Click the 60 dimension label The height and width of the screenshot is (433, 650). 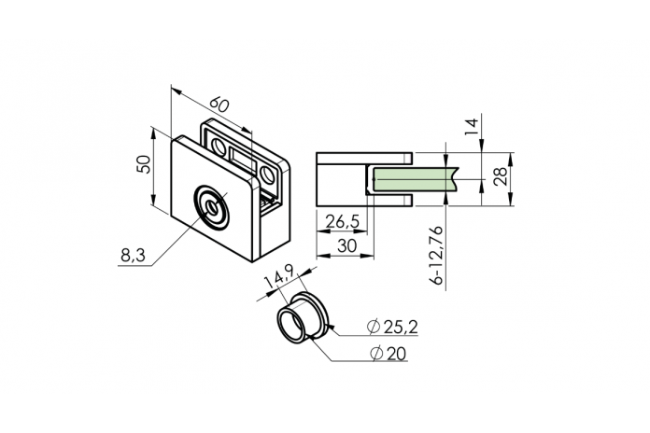[x=219, y=105]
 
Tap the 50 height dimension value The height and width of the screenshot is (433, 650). [x=143, y=164]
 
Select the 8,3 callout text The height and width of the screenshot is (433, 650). [x=133, y=256]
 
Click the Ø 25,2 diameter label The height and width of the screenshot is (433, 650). [x=392, y=327]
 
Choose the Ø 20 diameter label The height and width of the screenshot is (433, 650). [x=389, y=354]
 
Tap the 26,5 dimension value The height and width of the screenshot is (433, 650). [x=343, y=222]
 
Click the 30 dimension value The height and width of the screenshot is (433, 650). [x=347, y=245]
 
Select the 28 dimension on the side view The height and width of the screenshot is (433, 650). [x=501, y=176]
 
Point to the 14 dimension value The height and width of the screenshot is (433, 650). [x=472, y=127]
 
